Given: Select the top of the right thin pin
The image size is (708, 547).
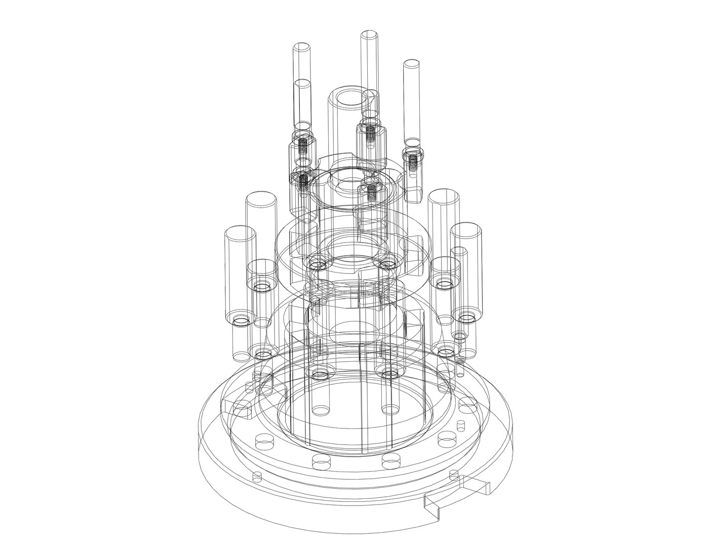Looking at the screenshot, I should [x=411, y=64].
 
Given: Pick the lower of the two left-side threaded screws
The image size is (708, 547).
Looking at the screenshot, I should [x=303, y=180].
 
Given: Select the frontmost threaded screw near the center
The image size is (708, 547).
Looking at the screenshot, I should [x=372, y=191].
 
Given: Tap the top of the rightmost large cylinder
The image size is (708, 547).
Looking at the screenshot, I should [x=466, y=229].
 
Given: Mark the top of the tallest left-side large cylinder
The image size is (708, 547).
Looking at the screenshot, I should [x=261, y=199].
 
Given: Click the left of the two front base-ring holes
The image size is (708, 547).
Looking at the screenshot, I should [x=319, y=460].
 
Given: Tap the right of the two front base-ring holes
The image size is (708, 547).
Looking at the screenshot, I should [x=389, y=460].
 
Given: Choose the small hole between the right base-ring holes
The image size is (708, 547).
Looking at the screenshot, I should [x=461, y=424].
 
